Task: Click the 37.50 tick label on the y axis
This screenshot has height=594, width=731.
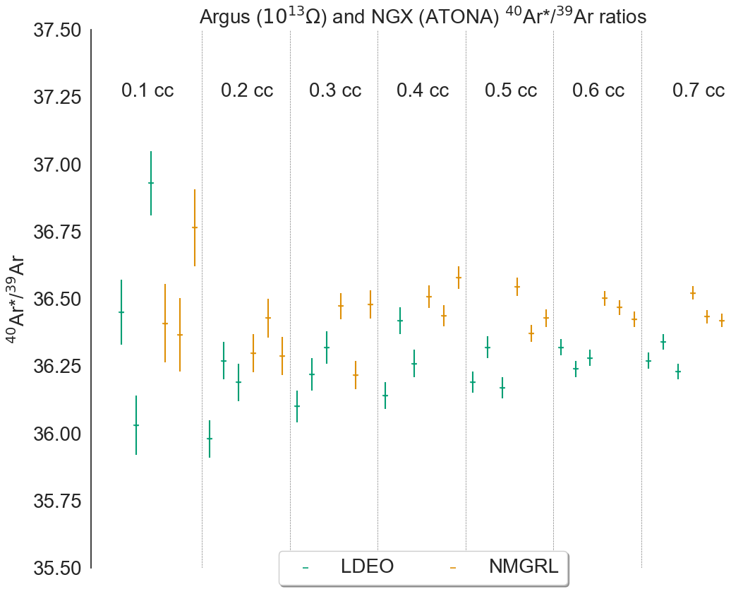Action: click(x=57, y=31)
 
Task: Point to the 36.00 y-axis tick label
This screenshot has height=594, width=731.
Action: click(x=57, y=434)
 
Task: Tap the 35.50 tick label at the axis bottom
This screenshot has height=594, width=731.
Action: click(x=57, y=568)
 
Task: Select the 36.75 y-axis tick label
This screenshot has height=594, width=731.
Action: click(x=57, y=232)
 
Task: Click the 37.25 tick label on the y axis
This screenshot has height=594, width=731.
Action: click(x=57, y=98)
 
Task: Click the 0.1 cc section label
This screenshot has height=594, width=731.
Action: click(x=147, y=90)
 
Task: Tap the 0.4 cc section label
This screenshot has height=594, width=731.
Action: click(x=423, y=90)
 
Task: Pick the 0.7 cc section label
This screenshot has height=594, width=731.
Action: click(x=698, y=90)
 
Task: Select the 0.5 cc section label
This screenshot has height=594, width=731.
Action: click(x=511, y=90)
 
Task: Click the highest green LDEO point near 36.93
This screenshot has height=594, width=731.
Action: click(x=151, y=183)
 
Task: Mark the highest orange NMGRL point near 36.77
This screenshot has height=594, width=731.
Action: click(x=195, y=227)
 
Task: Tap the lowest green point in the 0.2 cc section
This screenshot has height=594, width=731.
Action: click(x=210, y=439)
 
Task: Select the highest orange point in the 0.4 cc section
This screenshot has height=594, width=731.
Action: click(x=459, y=278)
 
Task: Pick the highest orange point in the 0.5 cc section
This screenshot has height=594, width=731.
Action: click(x=517, y=287)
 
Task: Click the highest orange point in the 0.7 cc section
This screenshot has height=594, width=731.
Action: click(x=693, y=293)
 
